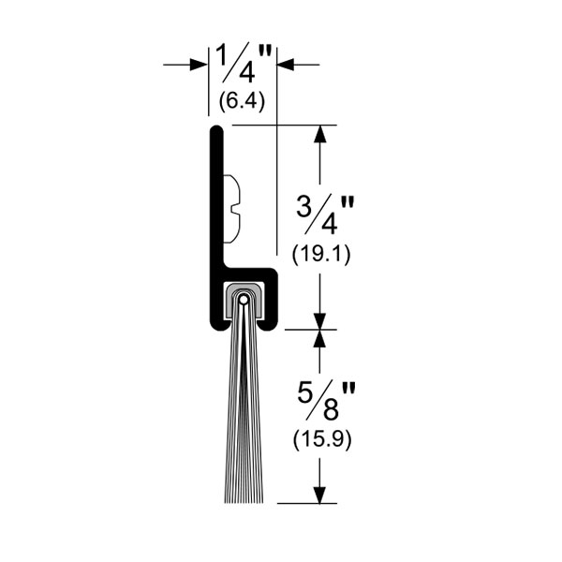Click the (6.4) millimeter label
click(x=242, y=101)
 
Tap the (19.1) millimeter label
click(x=320, y=255)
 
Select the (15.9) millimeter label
click(x=322, y=439)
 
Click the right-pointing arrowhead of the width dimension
click(x=199, y=65)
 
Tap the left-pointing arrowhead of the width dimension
click(x=286, y=65)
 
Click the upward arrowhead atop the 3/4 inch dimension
click(x=319, y=135)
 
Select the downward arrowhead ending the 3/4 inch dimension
click(x=319, y=320)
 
